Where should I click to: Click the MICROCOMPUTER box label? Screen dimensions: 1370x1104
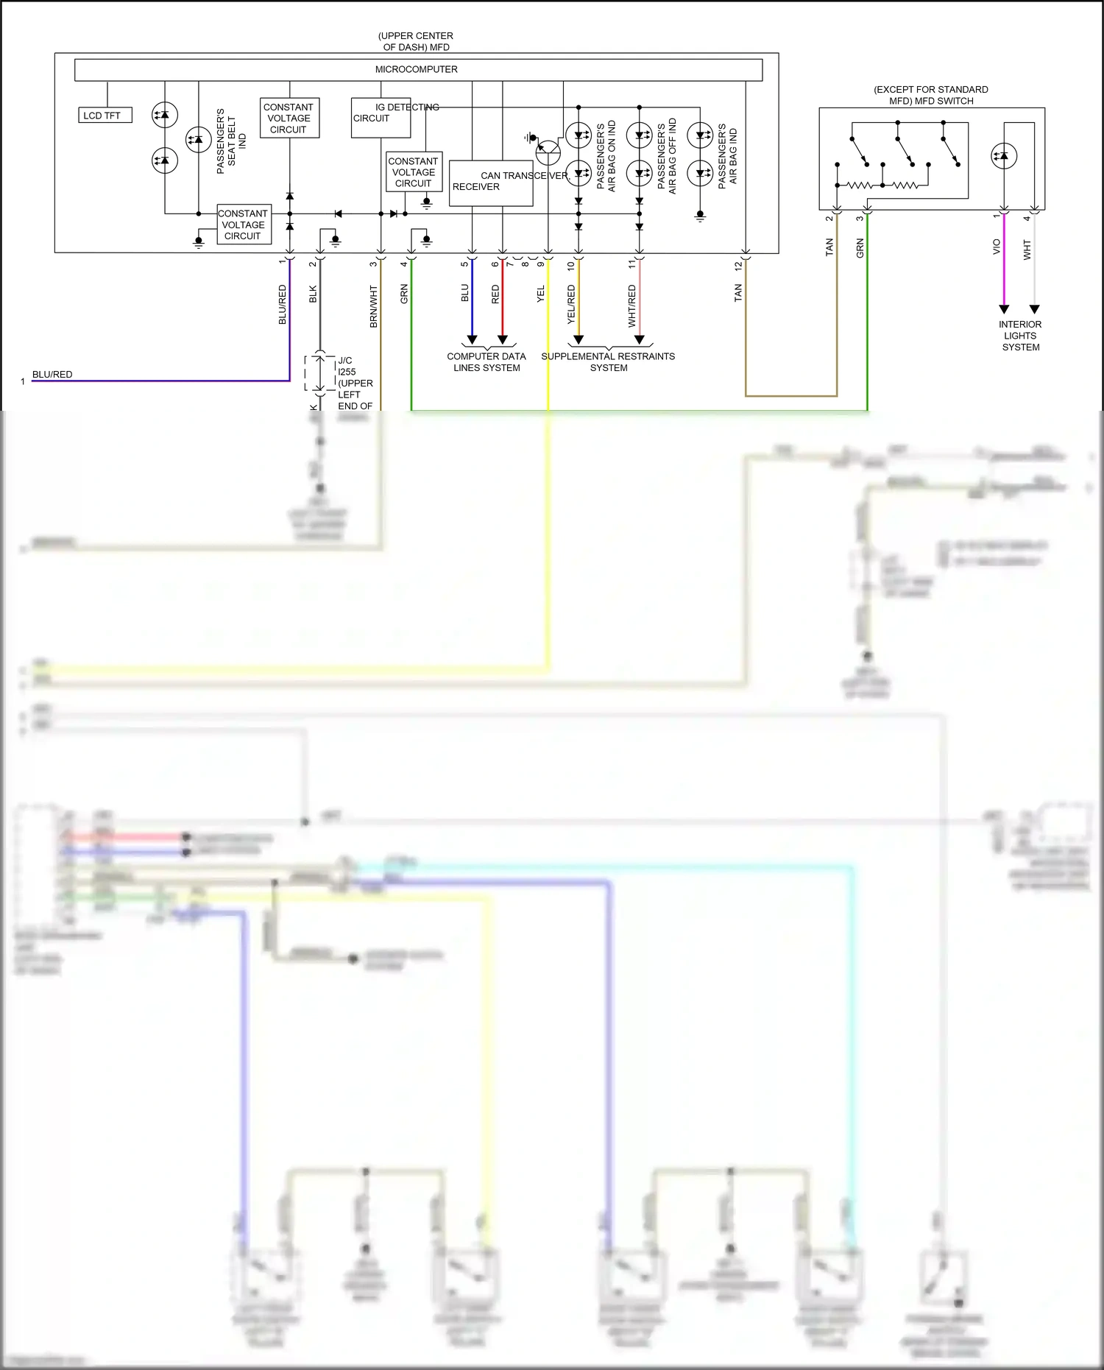click(x=416, y=69)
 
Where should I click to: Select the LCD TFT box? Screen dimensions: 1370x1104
click(x=105, y=116)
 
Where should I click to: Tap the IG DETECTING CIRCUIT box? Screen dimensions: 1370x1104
click(x=381, y=118)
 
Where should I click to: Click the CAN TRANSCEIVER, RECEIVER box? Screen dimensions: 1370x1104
click(x=490, y=183)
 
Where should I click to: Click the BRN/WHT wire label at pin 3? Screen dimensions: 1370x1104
click(x=373, y=306)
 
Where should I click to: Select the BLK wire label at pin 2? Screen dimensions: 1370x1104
click(x=313, y=294)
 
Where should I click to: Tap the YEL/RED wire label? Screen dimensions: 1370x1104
click(x=571, y=305)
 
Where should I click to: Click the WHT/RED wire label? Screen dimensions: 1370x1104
click(x=631, y=306)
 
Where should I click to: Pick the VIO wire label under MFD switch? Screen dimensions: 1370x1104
click(x=997, y=247)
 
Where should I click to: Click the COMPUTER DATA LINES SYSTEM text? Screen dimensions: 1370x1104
click(x=486, y=362)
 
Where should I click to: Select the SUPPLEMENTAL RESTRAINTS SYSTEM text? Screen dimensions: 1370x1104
click(x=608, y=362)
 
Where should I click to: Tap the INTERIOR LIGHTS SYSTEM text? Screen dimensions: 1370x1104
click(x=1020, y=336)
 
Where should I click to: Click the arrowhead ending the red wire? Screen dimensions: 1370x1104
click(x=503, y=339)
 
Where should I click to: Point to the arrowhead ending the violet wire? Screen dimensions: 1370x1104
click(x=1004, y=309)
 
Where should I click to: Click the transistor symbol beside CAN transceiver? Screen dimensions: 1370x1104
click(x=548, y=153)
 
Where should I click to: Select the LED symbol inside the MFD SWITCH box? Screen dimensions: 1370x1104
click(x=1004, y=156)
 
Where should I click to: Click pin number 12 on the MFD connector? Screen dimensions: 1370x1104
click(x=738, y=266)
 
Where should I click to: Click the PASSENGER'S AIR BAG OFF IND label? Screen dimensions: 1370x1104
click(x=666, y=156)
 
